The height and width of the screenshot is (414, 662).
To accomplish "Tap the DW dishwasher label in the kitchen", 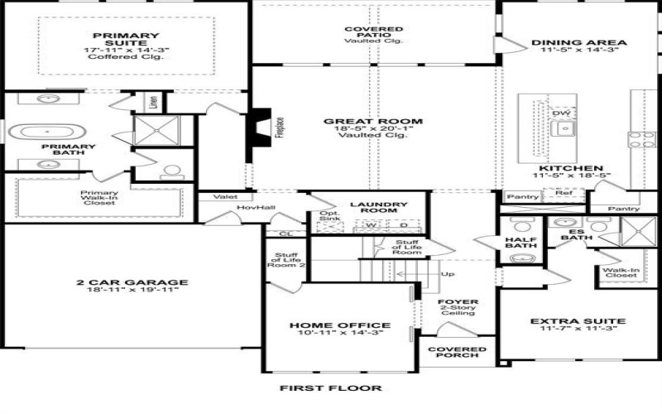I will click(562, 113).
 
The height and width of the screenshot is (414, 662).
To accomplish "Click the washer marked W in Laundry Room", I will click(372, 224).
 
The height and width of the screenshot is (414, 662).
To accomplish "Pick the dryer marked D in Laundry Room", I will click(403, 224).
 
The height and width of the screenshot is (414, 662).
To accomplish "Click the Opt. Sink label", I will click(329, 218).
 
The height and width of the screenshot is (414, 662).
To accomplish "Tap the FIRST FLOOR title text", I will click(330, 388).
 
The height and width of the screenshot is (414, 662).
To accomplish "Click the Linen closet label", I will click(153, 102).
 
